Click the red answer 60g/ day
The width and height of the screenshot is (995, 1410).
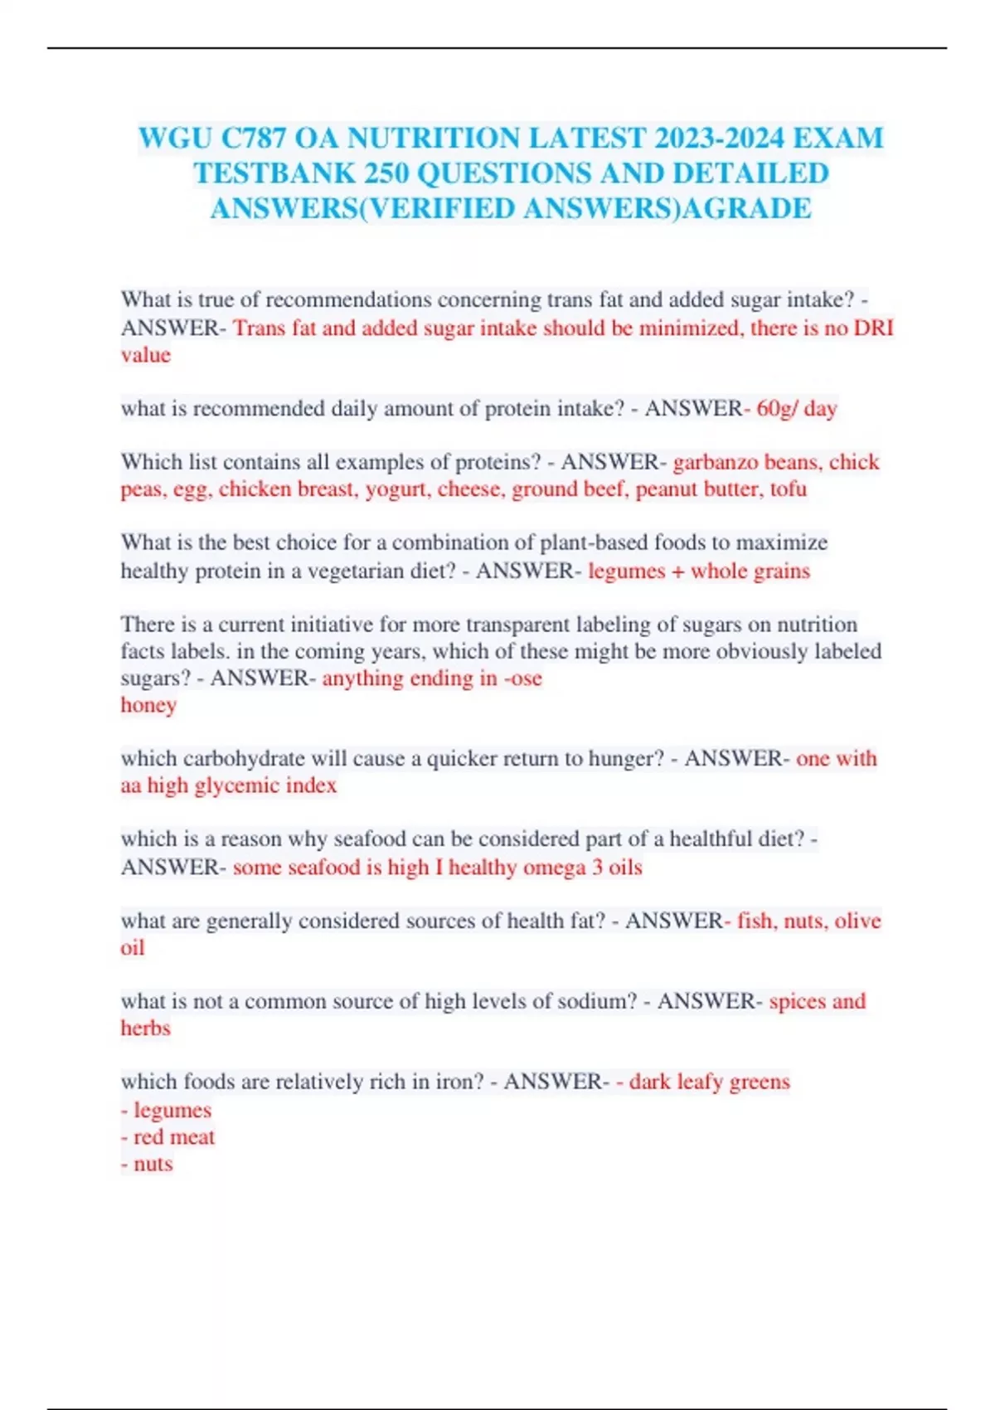[796, 408]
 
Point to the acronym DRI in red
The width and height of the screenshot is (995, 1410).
[874, 328]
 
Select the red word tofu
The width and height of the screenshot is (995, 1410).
[788, 489]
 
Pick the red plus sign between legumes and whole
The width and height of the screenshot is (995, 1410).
[677, 571]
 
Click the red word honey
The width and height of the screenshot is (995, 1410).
[148, 705]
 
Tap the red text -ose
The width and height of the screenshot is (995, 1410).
[522, 678]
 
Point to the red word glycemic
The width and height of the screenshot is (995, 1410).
[236, 785]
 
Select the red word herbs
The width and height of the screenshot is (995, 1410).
[145, 1028]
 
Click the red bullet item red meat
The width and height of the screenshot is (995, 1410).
[173, 1136]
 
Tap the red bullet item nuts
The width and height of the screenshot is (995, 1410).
[153, 1164]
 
